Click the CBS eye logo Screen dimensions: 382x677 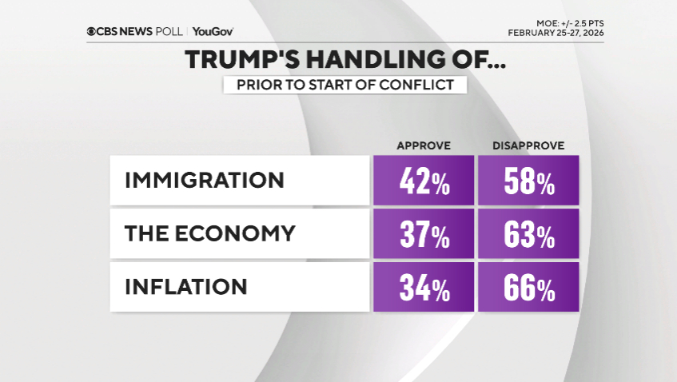click(92, 32)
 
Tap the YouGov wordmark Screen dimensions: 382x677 click(213, 32)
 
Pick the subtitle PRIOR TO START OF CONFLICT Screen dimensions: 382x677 click(344, 85)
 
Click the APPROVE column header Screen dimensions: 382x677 click(424, 145)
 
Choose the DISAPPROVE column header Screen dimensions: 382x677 click(528, 145)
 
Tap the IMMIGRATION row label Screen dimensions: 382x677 click(204, 180)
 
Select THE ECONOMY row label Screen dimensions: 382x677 click(209, 233)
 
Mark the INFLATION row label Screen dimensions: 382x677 click(185, 286)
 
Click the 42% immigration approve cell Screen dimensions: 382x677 click(424, 181)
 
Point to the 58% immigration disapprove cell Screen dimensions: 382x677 click(528, 181)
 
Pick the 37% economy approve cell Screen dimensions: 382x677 click(424, 234)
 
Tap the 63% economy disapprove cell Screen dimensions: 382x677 click(528, 234)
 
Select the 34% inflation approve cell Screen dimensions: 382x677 click(424, 287)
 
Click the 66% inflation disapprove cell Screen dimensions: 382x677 click(528, 287)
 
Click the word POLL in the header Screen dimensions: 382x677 click(170, 32)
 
